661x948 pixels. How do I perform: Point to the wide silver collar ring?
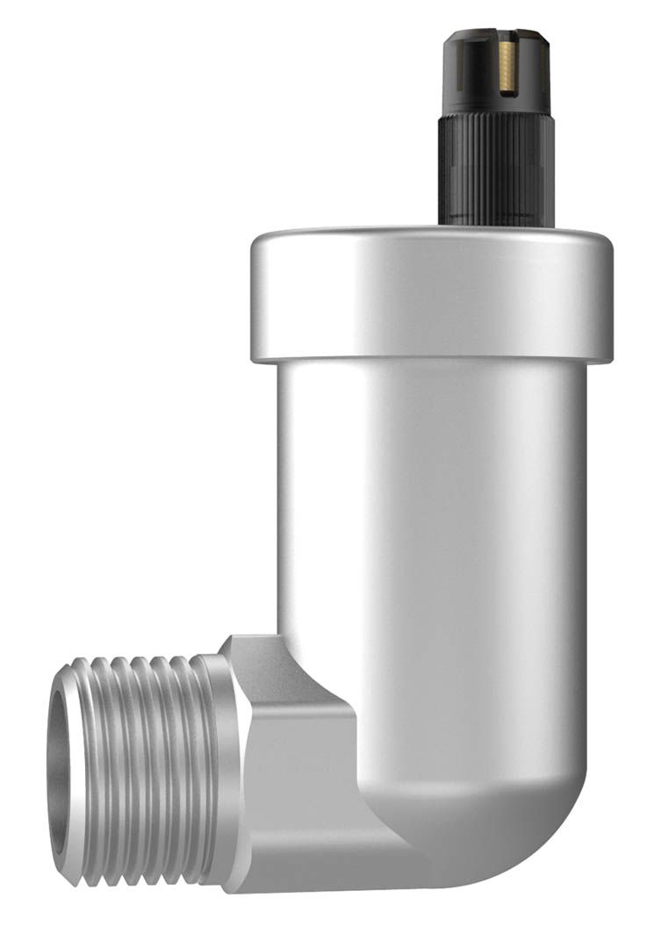(431, 294)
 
